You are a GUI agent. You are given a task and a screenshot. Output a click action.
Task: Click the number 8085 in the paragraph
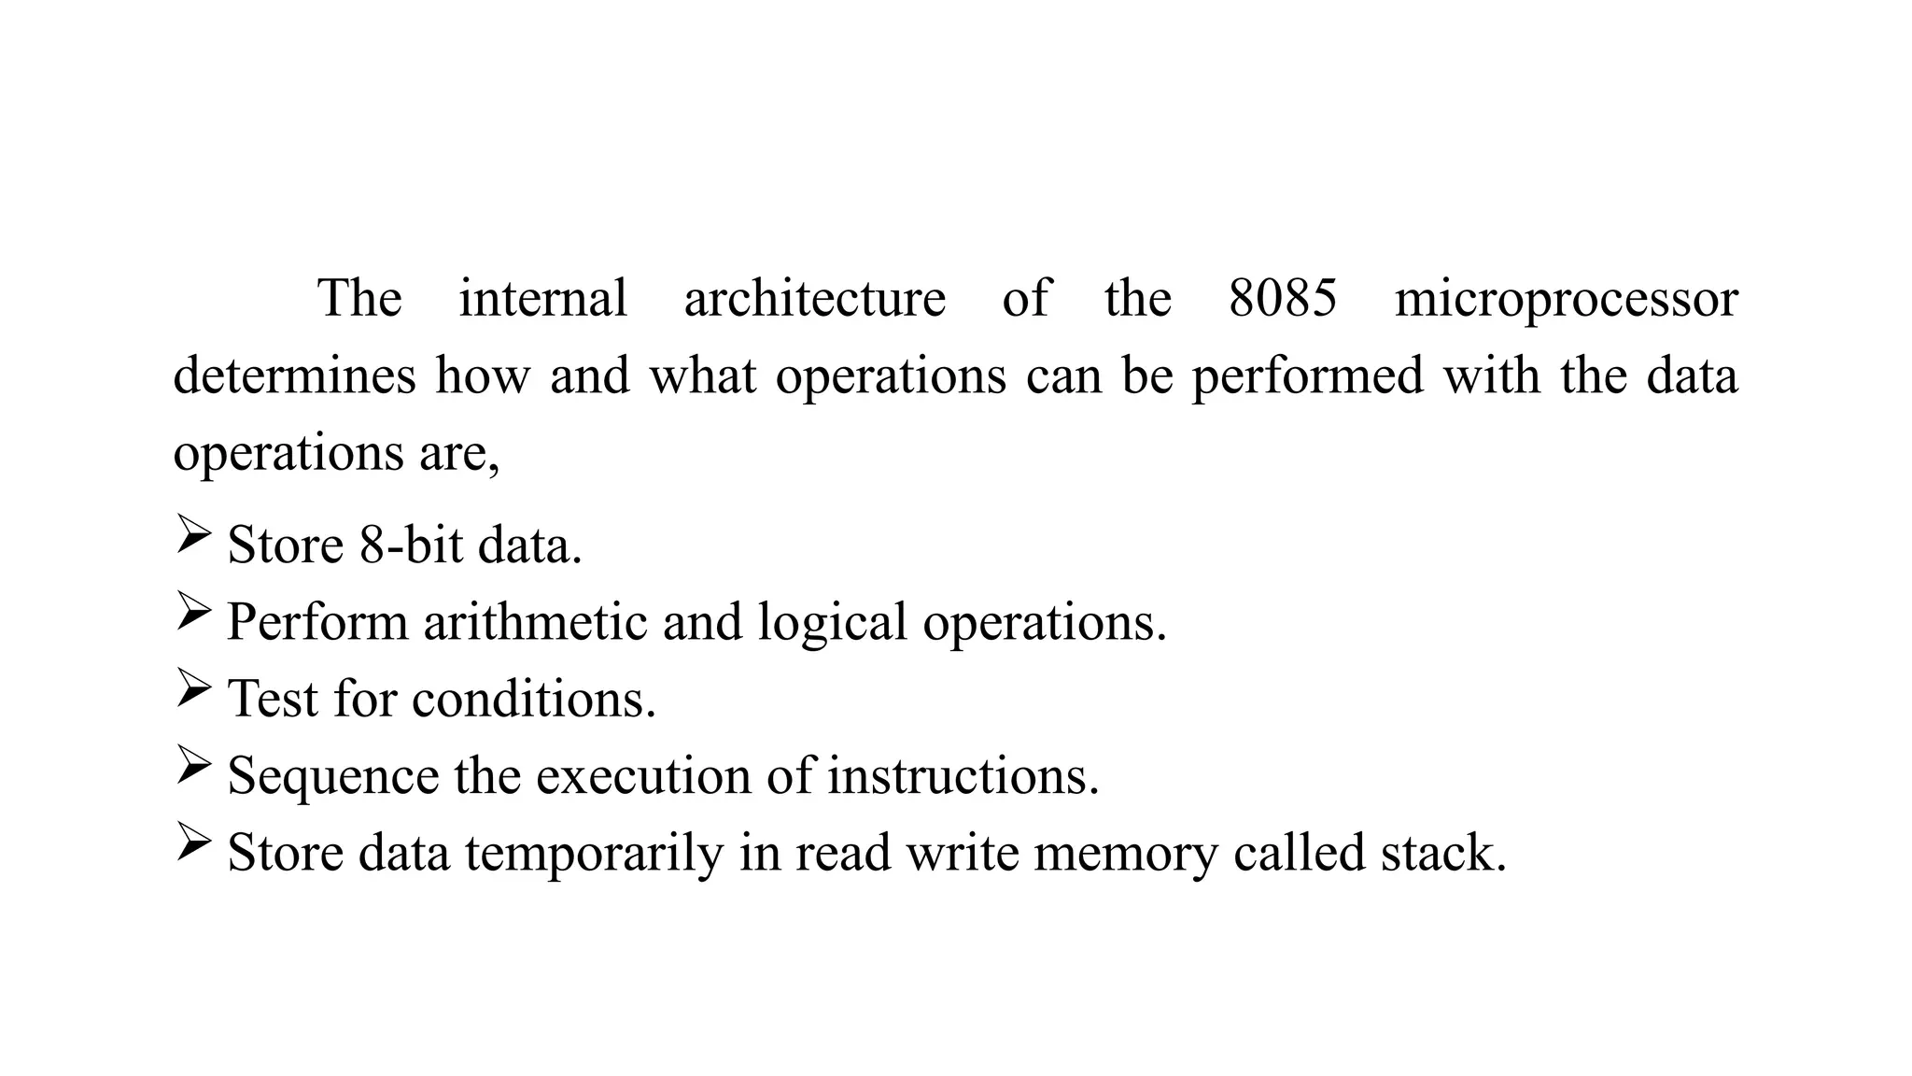coord(1283,299)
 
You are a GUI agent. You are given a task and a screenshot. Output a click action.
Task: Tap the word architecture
coord(815,299)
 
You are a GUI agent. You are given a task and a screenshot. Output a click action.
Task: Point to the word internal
coord(542,299)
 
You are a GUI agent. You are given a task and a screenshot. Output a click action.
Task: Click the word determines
coord(294,375)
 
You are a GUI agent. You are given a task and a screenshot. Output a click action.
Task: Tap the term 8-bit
coord(411,545)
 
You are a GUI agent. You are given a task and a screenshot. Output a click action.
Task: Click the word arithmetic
coord(535,622)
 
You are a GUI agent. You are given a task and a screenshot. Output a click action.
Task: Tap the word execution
coord(643,776)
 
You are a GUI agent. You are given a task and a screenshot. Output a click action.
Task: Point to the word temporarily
coord(594,854)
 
